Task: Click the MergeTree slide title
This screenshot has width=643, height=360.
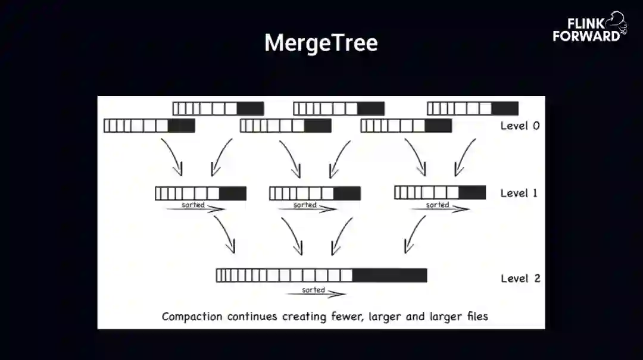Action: point(321,43)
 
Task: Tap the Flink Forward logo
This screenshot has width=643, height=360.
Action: point(588,27)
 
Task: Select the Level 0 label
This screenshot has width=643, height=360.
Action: point(520,126)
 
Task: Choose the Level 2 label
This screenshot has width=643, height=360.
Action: point(520,278)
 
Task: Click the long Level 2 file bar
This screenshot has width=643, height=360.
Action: point(321,275)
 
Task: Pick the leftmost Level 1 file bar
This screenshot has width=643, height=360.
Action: point(201,193)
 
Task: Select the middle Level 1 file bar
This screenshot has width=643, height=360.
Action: point(315,193)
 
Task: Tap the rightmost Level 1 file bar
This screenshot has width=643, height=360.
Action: point(440,192)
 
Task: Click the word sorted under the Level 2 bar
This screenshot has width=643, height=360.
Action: point(313,290)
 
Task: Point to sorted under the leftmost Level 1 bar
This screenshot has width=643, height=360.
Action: point(193,205)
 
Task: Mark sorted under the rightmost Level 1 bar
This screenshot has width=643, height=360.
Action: point(438,205)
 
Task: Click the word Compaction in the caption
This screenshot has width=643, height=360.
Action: point(192,317)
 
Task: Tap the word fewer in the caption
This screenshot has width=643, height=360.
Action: point(347,316)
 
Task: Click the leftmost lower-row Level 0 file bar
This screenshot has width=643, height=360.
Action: point(149,126)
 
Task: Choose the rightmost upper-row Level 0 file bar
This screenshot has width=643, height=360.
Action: point(473,108)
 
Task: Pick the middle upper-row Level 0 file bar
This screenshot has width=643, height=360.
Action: point(339,108)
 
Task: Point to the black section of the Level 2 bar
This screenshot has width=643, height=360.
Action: point(390,275)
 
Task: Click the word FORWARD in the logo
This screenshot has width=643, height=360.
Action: point(586,36)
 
